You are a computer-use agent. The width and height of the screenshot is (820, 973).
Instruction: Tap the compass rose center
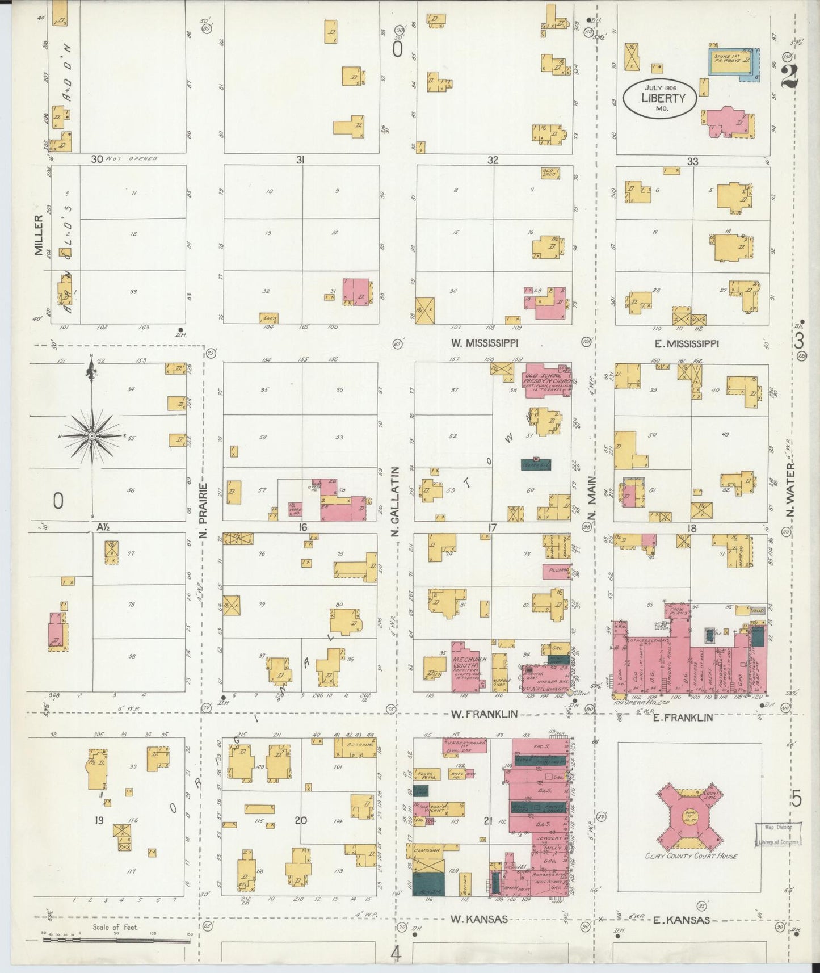[x=91, y=435]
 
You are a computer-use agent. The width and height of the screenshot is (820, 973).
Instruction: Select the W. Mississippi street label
[x=485, y=343]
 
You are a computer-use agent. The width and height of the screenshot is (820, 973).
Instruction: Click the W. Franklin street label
[x=484, y=714]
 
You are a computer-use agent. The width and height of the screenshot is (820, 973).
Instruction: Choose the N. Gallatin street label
[x=396, y=502]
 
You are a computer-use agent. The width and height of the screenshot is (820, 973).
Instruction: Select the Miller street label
[x=39, y=235]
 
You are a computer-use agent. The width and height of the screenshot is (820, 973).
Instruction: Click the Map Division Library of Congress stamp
[x=777, y=834]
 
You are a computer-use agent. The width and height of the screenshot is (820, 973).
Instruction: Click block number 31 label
[x=300, y=161]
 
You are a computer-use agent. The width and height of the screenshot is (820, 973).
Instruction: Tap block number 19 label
[x=99, y=820]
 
